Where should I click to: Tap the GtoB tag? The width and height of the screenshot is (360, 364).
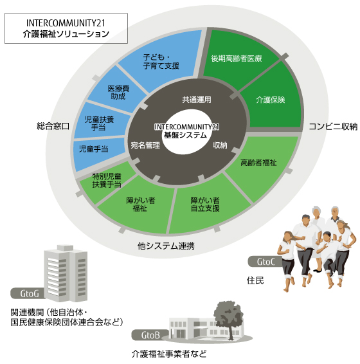[150, 335]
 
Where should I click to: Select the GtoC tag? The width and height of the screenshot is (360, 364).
[265, 262]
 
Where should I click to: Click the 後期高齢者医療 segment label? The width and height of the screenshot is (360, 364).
[237, 59]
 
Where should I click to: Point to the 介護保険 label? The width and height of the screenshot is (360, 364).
[271, 100]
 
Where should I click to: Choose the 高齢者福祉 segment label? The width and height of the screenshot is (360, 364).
[258, 163]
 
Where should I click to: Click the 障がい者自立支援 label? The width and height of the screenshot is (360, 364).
[205, 205]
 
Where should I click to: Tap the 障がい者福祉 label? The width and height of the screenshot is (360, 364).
[140, 205]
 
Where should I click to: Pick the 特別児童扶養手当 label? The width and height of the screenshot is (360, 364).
[107, 180]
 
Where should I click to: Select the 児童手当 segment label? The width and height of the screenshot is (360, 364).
[94, 149]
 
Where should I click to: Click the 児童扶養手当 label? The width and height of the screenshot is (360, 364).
[99, 123]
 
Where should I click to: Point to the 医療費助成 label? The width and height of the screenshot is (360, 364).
[118, 92]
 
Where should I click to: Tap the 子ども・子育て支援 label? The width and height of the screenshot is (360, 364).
[161, 61]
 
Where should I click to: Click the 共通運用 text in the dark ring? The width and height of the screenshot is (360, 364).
[197, 100]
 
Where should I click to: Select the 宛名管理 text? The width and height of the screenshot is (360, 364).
[145, 145]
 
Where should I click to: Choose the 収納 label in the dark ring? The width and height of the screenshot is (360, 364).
[220, 145]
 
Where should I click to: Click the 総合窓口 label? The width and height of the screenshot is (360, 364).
[53, 126]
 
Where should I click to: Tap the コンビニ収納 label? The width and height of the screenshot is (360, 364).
[333, 127]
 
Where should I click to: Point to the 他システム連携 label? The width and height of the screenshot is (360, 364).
[166, 246]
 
